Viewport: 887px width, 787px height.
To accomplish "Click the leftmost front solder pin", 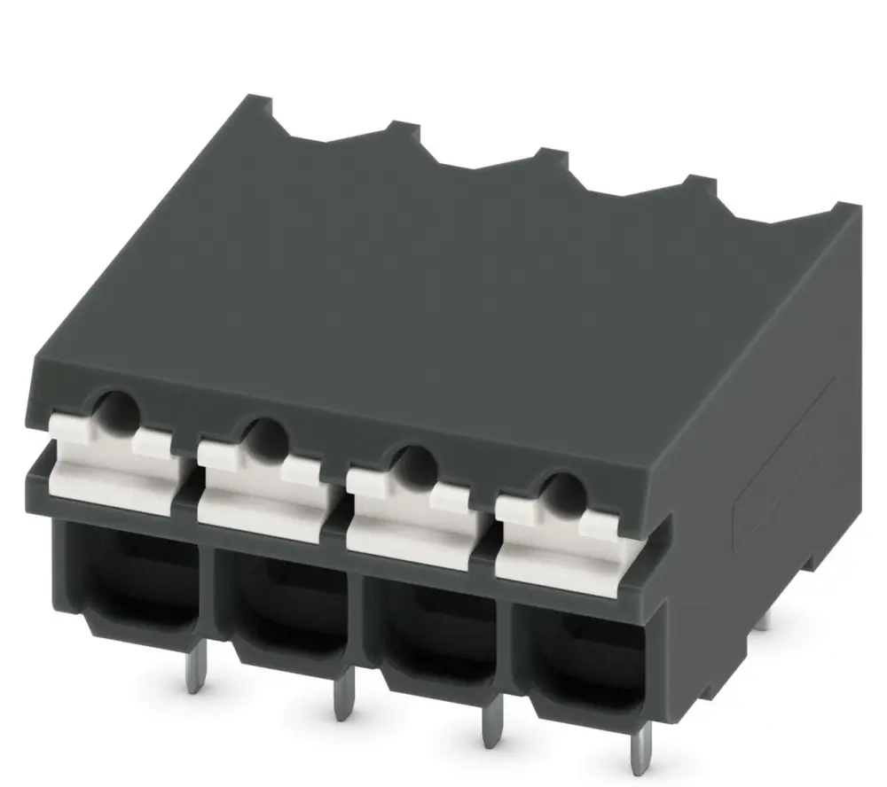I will click(192, 676).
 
